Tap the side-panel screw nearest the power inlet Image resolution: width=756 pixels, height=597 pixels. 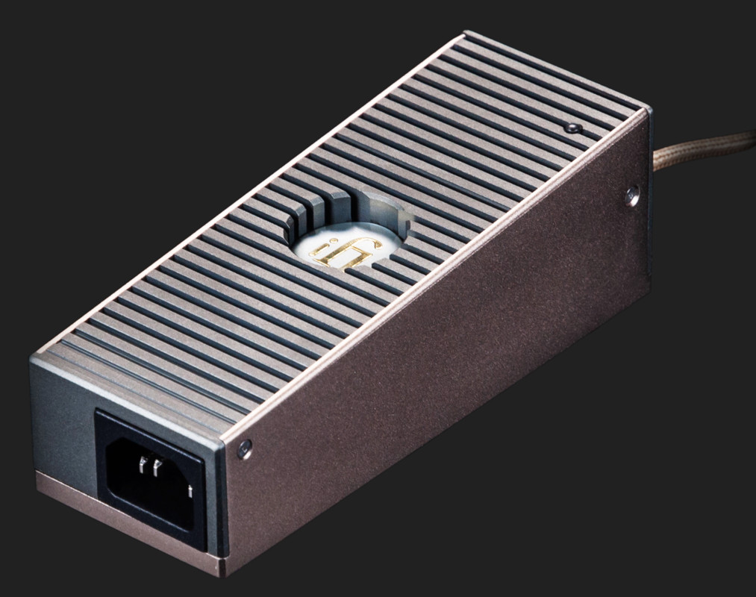(x=244, y=448)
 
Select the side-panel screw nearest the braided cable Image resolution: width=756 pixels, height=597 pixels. (x=632, y=196)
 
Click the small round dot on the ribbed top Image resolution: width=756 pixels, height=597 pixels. (x=572, y=128)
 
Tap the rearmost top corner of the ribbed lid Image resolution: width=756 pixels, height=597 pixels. (x=466, y=33)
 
